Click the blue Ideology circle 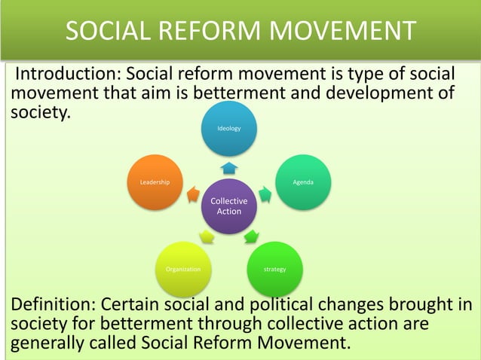pos(229,129)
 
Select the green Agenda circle pos(304,182)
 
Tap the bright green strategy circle pos(275,269)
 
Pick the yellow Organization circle pos(182,269)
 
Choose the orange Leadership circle pos(155,182)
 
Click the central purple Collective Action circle pos(229,206)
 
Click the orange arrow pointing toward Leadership pos(192,194)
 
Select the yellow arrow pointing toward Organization pos(206,236)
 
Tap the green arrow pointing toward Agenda pos(266,194)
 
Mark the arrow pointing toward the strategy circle pos(252,236)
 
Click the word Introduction pos(66,76)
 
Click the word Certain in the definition pos(152,304)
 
